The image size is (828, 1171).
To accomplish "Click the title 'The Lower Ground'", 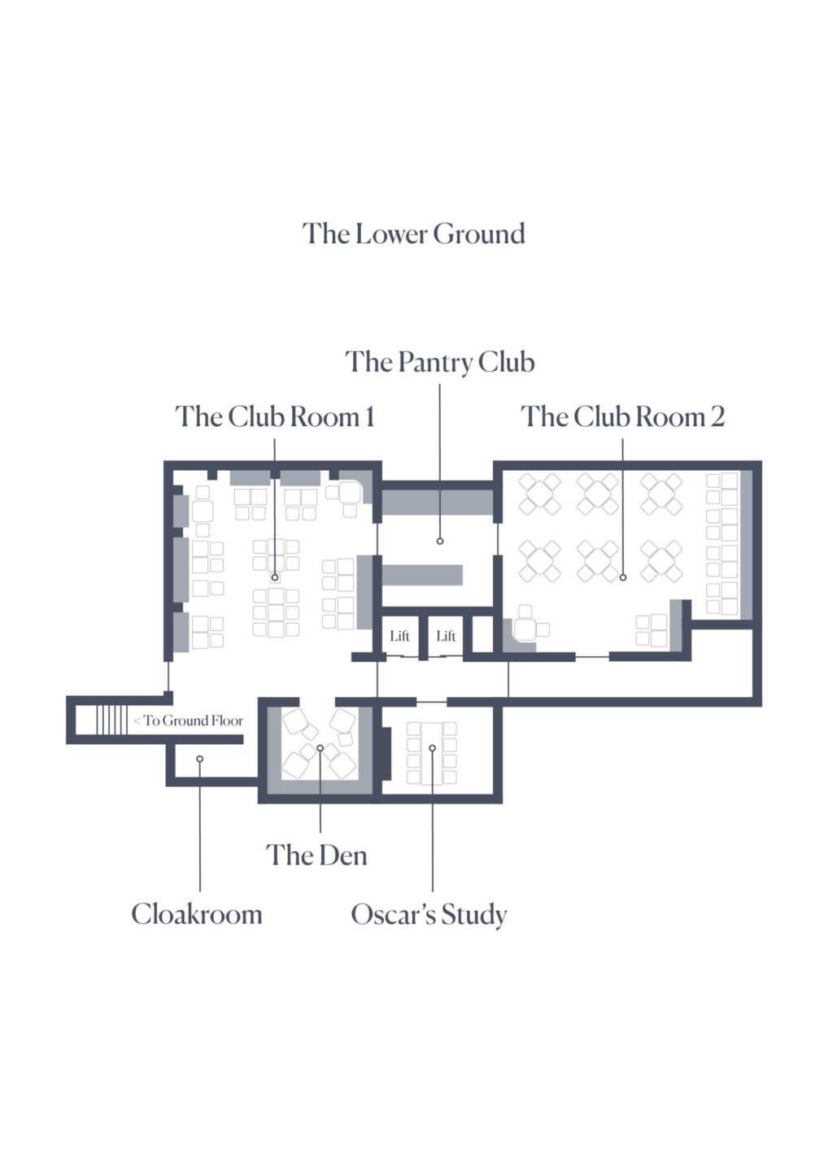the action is click(413, 233).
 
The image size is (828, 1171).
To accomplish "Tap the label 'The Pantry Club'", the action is click(439, 363).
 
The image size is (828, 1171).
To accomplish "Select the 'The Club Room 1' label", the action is click(275, 416).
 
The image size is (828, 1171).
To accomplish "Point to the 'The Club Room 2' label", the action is click(622, 416).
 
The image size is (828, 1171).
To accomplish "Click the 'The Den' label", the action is click(316, 855).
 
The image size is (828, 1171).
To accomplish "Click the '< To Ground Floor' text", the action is click(189, 720).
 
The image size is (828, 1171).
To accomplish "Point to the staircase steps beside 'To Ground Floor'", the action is click(112, 720).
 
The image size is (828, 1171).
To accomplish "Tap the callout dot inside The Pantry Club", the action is click(439, 541).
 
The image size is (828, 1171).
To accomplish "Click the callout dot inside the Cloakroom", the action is click(200, 759).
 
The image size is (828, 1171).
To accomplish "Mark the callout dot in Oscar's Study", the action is click(432, 748).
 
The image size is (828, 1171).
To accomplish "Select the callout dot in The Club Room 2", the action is click(622, 577).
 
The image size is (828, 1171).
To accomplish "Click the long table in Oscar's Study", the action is click(432, 752).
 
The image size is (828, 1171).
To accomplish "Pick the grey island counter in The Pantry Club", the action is click(422, 574).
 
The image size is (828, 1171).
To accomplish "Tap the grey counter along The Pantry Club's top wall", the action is click(438, 503).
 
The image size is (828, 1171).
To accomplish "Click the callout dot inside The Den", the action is click(320, 748).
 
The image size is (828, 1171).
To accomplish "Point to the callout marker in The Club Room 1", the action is click(275, 577).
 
